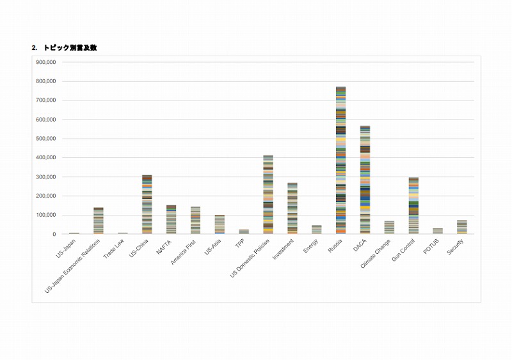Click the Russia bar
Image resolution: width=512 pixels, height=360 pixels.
coord(340,160)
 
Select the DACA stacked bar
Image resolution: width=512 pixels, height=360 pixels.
coord(365,180)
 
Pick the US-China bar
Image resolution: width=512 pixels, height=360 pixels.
coord(147,204)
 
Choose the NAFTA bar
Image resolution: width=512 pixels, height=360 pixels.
coord(172,219)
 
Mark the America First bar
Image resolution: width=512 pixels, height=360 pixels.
coord(196,220)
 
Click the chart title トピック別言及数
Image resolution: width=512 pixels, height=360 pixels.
coord(70,48)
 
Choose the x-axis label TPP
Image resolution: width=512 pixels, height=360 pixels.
coord(239,244)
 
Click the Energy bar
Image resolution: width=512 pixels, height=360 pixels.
coord(316,230)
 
